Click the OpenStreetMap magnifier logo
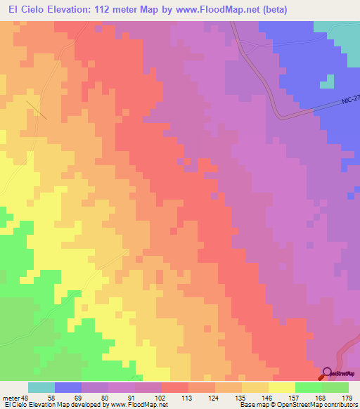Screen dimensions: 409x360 pyautogui.click(x=328, y=373)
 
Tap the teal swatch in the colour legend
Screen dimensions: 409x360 pyautogui.click(x=41, y=387)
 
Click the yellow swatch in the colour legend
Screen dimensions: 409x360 pyautogui.click(x=281, y=387)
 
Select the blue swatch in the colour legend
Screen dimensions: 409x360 pyautogui.click(x=68, y=387)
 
